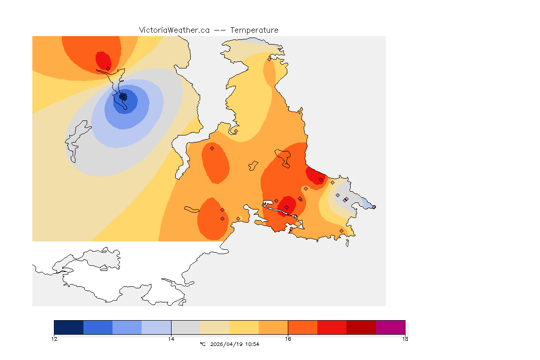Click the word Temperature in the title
[x=255, y=30]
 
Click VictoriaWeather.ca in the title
[x=174, y=30]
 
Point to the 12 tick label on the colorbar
[x=54, y=339]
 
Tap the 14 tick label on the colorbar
[x=171, y=339]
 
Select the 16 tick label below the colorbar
[x=288, y=339]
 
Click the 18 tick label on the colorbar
[x=405, y=339]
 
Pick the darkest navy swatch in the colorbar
[x=69, y=327]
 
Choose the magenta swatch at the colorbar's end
[x=390, y=327]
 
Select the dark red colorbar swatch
[x=361, y=327]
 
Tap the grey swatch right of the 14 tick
[x=186, y=327]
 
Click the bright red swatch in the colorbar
[x=332, y=327]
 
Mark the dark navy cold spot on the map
[x=123, y=97]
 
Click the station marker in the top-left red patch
[x=108, y=68]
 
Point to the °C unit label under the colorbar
[x=202, y=345]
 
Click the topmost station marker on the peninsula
[x=269, y=59]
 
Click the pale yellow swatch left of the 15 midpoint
[x=215, y=327]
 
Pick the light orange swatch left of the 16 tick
[x=273, y=327]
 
